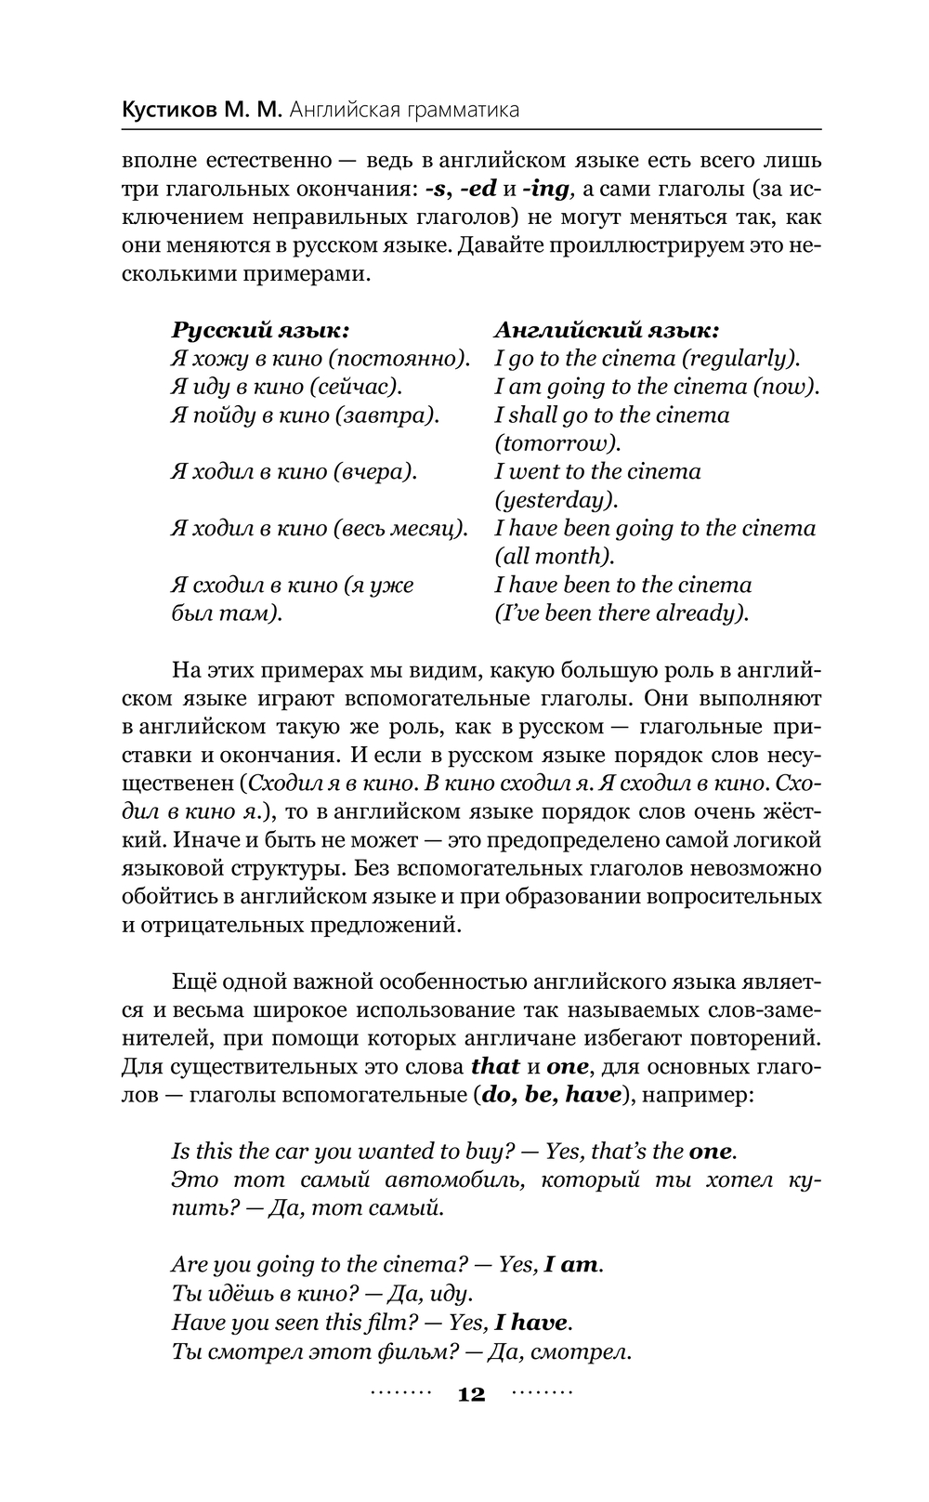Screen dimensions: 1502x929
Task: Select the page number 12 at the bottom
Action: point(471,1394)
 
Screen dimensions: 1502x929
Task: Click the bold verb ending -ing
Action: point(546,189)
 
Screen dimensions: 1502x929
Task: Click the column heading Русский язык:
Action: point(261,330)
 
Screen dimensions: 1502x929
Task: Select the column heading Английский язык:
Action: point(607,330)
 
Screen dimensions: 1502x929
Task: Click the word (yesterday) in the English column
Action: point(556,500)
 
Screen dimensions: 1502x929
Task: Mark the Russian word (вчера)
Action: point(375,471)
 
